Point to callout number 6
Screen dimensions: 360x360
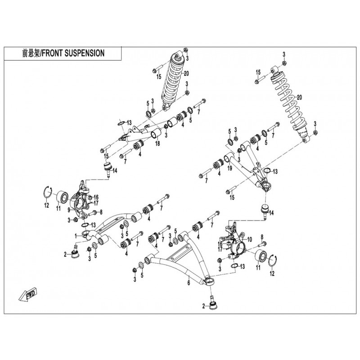[x=189, y=283]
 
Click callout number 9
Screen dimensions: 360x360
[x=69, y=210]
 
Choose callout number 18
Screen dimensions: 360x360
[x=157, y=144]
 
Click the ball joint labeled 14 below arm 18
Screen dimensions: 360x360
[x=108, y=169]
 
